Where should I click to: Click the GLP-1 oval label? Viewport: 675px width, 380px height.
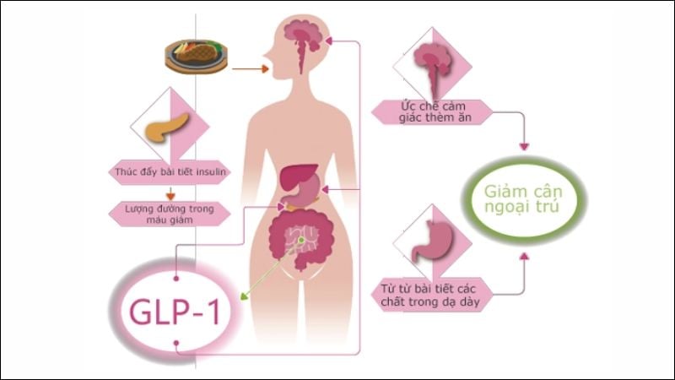[x=175, y=311]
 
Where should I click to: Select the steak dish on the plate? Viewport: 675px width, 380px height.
[x=196, y=57]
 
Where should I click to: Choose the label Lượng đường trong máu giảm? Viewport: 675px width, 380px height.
[x=169, y=213]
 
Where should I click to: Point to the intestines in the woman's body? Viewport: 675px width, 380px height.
[x=301, y=239]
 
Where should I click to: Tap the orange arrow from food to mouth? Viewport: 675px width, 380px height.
[x=250, y=69]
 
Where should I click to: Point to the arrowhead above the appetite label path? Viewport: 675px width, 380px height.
[x=524, y=146]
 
